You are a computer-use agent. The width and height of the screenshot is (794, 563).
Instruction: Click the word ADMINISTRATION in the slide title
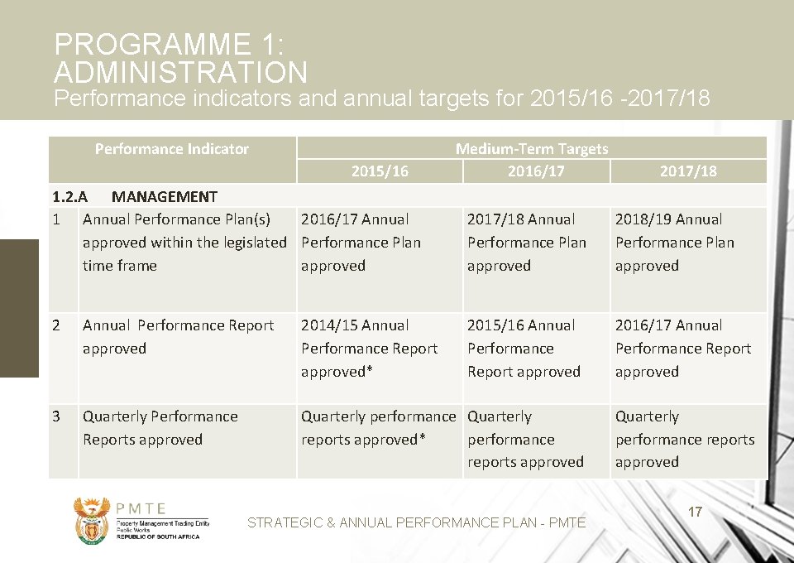(x=180, y=73)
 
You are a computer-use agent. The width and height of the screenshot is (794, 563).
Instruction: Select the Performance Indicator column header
(x=171, y=149)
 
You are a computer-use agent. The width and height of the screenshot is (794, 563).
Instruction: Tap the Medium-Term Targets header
(x=531, y=149)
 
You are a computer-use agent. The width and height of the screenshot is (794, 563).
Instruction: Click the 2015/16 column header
(x=380, y=171)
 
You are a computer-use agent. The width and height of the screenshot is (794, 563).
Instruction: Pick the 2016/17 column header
(x=536, y=171)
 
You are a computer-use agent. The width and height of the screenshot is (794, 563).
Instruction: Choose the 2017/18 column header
(x=688, y=171)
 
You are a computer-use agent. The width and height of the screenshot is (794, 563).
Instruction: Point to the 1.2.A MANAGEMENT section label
(x=135, y=196)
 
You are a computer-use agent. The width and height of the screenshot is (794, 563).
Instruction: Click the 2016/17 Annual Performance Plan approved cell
(x=361, y=243)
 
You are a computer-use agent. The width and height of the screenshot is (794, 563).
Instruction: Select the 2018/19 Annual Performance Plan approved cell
(x=674, y=243)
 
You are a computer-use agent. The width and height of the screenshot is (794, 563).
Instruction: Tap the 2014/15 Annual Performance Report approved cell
(x=369, y=349)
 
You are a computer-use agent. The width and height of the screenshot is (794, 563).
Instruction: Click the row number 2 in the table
(x=56, y=325)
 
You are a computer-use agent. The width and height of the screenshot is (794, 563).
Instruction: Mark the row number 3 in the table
(x=56, y=416)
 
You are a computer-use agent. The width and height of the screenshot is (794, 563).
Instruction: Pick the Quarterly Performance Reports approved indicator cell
(x=160, y=428)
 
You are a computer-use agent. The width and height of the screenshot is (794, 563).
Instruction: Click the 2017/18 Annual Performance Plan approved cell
(x=526, y=243)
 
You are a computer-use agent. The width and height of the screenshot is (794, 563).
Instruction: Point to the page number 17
(x=696, y=512)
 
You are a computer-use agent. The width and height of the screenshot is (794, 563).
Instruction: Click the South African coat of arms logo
(x=91, y=519)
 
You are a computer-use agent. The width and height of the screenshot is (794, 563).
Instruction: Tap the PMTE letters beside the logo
(x=141, y=508)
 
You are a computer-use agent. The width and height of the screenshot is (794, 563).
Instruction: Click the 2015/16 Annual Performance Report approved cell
(x=524, y=349)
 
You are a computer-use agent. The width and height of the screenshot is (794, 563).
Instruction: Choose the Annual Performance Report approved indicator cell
(x=178, y=337)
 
